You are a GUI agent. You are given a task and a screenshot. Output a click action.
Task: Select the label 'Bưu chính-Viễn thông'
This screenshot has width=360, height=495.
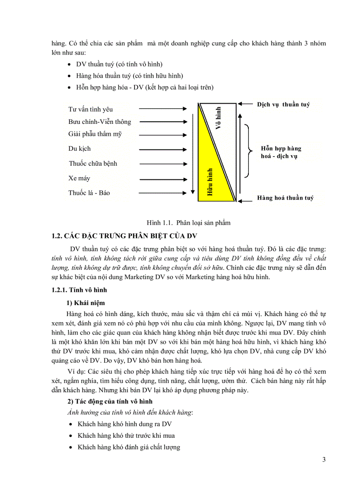coord(99,122)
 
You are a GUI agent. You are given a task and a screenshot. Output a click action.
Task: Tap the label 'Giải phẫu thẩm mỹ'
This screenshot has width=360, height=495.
coord(94,134)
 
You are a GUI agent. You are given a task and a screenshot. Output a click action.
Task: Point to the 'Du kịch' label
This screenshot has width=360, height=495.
coord(79,149)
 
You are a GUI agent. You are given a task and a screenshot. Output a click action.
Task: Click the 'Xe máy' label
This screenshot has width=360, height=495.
coord(79,179)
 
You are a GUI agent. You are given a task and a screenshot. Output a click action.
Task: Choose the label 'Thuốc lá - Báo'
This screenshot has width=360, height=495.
coord(89,193)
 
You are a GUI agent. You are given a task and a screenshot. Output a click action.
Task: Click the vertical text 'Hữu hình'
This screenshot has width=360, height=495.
coord(210,182)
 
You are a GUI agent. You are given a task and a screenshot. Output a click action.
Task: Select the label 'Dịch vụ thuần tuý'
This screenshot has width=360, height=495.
coord(283,104)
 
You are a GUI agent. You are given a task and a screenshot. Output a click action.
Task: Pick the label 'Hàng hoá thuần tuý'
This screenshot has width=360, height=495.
coord(285,198)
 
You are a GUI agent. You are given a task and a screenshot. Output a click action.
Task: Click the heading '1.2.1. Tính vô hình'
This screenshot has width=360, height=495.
coord(79,290)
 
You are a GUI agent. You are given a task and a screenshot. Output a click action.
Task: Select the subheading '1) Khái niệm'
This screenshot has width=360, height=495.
coord(86,303)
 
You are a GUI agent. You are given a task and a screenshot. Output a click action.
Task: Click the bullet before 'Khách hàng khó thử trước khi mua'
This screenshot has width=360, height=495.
coord(71,436)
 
